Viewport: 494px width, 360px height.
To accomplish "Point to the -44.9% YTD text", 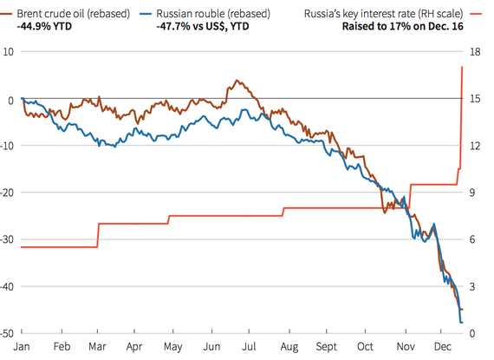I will (43, 27).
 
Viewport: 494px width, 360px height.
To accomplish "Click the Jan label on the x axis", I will (22, 345).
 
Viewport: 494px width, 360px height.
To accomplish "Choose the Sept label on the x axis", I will (326, 345).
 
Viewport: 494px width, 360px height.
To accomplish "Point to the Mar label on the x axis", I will (97, 345).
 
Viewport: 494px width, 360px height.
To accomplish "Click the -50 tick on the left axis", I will (8, 333).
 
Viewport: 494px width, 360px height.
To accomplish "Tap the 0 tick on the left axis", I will (10, 99).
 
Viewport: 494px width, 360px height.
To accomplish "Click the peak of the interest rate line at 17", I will (462, 69).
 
